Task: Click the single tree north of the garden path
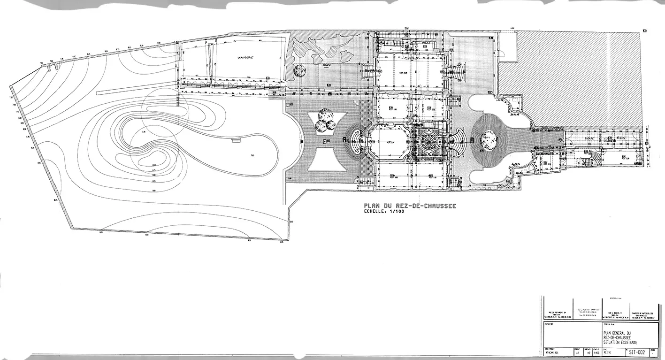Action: point(298,70)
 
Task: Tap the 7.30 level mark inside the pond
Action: point(252,155)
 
